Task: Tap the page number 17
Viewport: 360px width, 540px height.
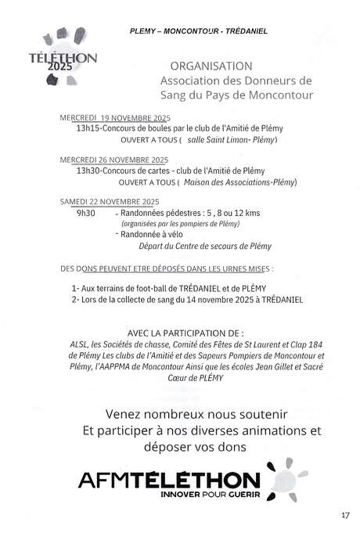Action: pos(346,515)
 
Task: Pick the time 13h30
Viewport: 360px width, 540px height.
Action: pos(89,170)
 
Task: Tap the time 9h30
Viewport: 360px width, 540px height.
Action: pos(85,212)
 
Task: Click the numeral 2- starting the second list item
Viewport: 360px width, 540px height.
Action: pos(75,299)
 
